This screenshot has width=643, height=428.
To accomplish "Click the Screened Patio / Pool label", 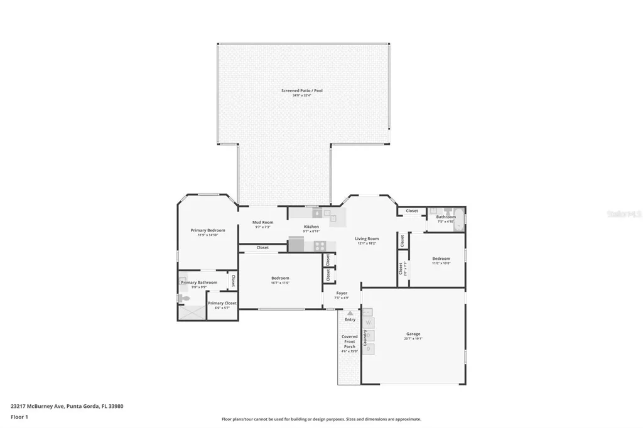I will [x=301, y=91].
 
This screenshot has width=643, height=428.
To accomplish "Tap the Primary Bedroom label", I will [x=207, y=230].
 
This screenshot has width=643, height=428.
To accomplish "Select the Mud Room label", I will [x=262, y=222].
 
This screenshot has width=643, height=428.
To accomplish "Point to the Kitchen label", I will [x=311, y=227].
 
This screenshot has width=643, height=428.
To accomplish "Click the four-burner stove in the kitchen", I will [x=320, y=246].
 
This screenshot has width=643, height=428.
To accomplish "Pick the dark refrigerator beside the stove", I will [x=296, y=244].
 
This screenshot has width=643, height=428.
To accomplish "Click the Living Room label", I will [x=367, y=238].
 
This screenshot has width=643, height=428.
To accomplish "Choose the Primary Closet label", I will [x=222, y=303].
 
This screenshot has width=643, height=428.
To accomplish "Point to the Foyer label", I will [x=342, y=293].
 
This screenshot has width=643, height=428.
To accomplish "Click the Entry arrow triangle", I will [x=350, y=313].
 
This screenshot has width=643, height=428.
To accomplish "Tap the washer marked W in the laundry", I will [x=369, y=323].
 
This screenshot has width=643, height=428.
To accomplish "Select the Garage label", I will [x=413, y=334].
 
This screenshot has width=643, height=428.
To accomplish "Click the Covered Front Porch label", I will [x=350, y=341].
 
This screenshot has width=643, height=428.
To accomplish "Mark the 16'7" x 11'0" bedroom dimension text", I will [x=280, y=283].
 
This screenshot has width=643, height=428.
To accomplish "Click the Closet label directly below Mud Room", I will [x=262, y=248].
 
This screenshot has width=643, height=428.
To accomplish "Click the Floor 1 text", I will [x=19, y=416].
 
